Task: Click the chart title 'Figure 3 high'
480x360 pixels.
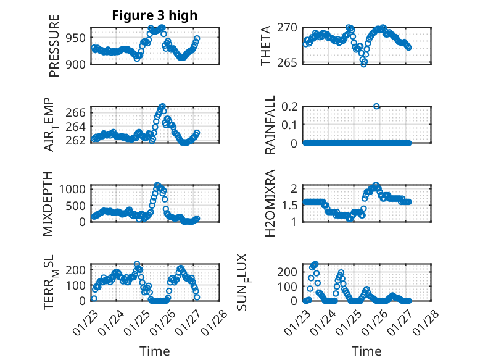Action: click(155, 15)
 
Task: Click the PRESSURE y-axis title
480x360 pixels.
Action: click(54, 50)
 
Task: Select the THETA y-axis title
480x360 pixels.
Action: click(266, 46)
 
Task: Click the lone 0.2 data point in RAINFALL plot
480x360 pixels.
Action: click(376, 106)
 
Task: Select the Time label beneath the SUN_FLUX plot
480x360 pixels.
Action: click(366, 351)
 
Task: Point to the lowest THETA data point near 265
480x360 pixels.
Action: click(364, 64)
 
